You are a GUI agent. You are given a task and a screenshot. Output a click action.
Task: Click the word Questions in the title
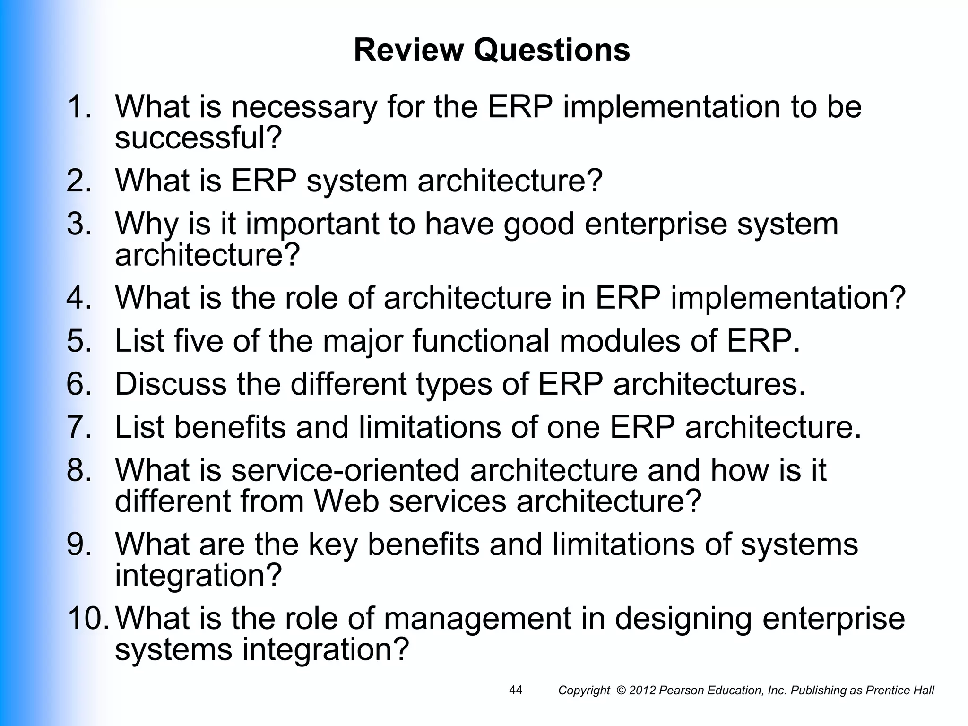point(552,50)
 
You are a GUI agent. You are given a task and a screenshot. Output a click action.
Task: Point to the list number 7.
point(78,427)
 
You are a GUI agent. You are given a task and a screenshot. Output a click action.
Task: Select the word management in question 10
point(477,619)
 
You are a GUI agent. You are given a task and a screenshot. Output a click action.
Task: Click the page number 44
point(516,690)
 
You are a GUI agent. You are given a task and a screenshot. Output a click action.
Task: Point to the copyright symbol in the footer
point(621,691)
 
